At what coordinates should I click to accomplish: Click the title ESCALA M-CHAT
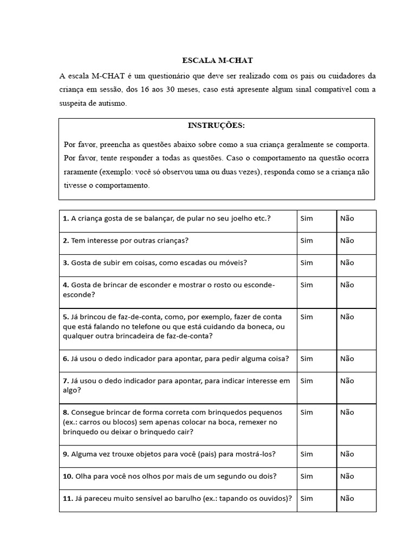[216, 60]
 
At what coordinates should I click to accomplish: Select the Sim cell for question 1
[307, 218]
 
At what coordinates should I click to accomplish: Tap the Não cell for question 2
[347, 241]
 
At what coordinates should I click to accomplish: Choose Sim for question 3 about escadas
[307, 263]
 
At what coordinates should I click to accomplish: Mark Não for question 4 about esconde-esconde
[347, 285]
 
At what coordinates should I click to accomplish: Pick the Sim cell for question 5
[307, 317]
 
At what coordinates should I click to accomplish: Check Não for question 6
[347, 359]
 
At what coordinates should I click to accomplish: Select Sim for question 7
[307, 381]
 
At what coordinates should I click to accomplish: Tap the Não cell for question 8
[347, 412]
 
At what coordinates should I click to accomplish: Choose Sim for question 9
[307, 454]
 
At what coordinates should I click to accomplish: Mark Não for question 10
[347, 476]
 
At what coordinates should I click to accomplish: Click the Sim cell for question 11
[307, 499]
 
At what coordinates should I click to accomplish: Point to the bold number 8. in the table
[66, 412]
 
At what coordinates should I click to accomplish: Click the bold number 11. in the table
[68, 499]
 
